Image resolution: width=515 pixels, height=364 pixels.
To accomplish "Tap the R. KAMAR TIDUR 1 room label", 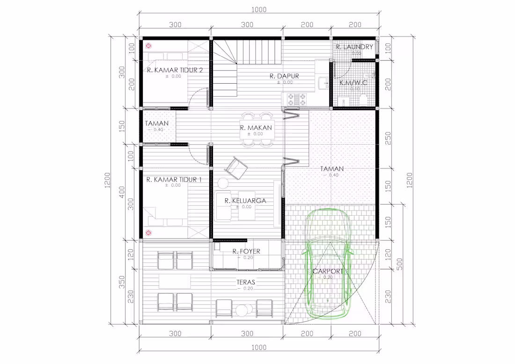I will point(174,180).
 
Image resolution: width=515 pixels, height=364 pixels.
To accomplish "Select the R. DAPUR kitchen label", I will point(284,76).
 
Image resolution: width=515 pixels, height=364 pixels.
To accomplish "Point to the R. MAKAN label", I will point(256,128).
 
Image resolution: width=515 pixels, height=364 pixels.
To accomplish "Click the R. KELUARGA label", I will point(245,201).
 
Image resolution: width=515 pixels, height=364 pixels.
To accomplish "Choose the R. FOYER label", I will point(246,251).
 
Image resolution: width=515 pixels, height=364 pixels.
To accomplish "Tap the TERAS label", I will point(245,283).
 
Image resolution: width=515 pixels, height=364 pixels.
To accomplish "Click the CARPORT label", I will point(328,271).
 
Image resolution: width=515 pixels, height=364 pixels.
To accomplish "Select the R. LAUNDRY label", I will point(354,47).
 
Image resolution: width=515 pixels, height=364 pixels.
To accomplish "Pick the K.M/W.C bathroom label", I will point(353,83).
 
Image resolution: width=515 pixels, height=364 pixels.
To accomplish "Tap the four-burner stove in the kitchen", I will point(296,99).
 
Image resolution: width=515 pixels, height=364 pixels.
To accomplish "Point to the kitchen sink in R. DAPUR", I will point(324,83).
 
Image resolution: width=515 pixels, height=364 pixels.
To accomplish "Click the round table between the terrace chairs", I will point(242,310).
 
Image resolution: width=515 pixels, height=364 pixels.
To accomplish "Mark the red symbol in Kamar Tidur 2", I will point(149,46).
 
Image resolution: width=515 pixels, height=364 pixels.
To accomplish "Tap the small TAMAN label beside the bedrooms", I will point(156,124).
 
